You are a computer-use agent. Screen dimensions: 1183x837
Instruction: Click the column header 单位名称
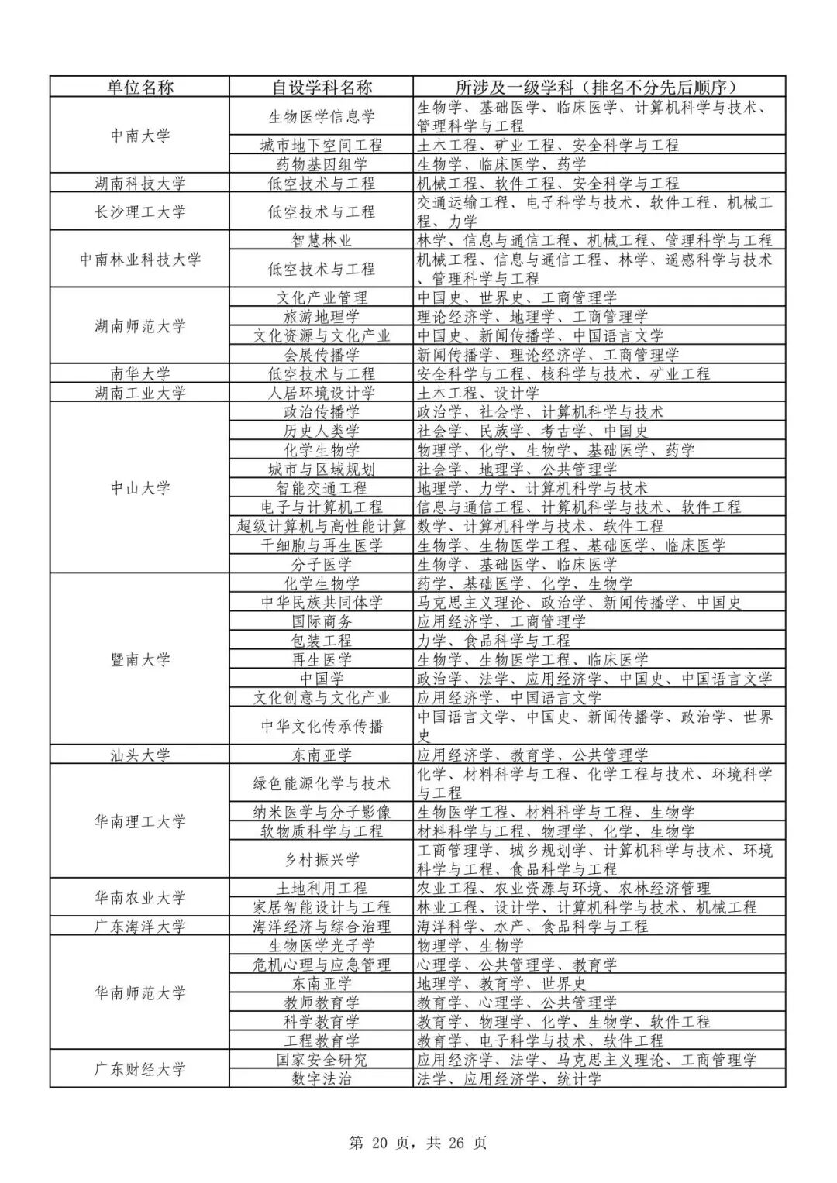click(139, 87)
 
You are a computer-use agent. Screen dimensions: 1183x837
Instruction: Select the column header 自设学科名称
click(321, 87)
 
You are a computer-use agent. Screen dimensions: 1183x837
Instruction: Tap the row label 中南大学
click(139, 136)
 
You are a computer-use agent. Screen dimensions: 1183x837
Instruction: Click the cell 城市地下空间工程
click(321, 145)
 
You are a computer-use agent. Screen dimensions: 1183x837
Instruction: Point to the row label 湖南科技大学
click(139, 184)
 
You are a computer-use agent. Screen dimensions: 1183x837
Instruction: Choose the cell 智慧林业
click(321, 240)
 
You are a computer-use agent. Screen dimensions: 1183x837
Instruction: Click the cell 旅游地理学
click(321, 316)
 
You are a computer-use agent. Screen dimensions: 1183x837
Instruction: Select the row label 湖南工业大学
click(139, 393)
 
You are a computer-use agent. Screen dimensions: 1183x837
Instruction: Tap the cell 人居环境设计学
click(321, 393)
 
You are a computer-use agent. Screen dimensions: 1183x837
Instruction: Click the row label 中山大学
click(139, 488)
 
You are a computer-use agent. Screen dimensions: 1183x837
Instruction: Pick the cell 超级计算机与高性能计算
click(321, 526)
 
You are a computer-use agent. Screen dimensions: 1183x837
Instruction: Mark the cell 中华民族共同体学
click(321, 602)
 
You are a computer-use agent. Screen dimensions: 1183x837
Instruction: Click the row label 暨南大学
click(139, 660)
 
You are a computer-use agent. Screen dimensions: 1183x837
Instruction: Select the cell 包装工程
click(321, 641)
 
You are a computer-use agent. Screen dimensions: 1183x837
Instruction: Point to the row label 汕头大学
click(139, 755)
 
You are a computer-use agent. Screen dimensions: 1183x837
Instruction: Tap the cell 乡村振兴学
click(321, 859)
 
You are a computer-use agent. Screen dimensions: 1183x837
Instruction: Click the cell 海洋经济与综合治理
click(321, 927)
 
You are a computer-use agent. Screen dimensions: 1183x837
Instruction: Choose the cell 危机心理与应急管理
click(321, 965)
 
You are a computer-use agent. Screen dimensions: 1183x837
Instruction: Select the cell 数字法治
click(321, 1078)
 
